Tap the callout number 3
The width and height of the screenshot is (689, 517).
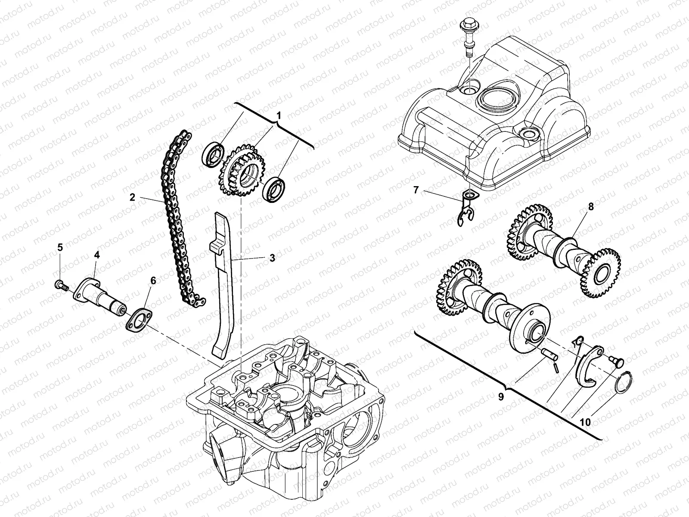tap(272, 258)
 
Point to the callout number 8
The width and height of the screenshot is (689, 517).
tap(591, 207)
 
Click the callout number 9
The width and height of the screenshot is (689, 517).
tap(501, 397)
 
